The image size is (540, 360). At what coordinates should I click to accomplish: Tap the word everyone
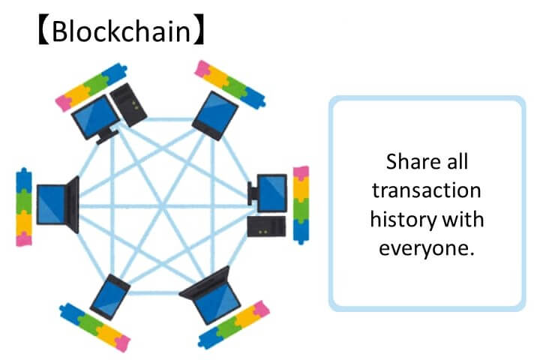coord(426,249)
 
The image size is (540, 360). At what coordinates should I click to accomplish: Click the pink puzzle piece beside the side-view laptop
coord(24,239)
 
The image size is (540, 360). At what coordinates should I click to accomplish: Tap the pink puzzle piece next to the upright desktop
coord(300,175)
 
